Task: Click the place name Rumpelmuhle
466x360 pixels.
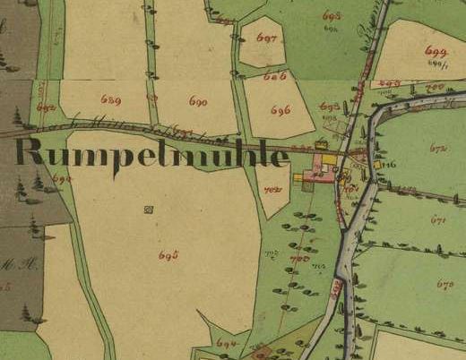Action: tap(152, 153)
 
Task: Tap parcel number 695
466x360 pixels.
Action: tap(168, 256)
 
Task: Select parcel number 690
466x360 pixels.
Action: tap(198, 102)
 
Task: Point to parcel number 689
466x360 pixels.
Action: tap(111, 99)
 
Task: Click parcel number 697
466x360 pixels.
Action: tap(265, 39)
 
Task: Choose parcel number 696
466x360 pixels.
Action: tap(280, 110)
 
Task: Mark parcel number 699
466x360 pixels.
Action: tap(436, 51)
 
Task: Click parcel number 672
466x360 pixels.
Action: tap(438, 149)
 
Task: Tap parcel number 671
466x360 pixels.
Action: tap(438, 219)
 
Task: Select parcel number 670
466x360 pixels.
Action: tap(444, 284)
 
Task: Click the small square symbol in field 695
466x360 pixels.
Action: tap(148, 210)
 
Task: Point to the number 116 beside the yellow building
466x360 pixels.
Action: tap(390, 166)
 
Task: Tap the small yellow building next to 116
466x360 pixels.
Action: tap(378, 164)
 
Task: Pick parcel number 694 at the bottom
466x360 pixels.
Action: tap(227, 343)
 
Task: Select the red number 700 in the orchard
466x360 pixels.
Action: tap(298, 258)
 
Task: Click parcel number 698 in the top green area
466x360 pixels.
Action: tap(332, 17)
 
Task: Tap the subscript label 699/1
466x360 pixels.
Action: tap(437, 64)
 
